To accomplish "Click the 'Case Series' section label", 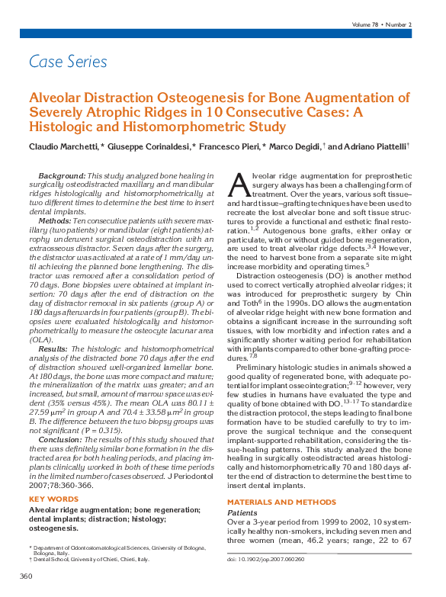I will (68, 62).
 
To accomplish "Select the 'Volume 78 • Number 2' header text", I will (382, 24).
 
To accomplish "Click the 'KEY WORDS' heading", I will (53, 499).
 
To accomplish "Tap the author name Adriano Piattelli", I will (379, 146).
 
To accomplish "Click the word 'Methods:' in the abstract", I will (56, 219).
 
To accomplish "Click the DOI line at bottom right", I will (265, 558).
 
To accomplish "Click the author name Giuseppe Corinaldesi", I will (151, 146).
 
